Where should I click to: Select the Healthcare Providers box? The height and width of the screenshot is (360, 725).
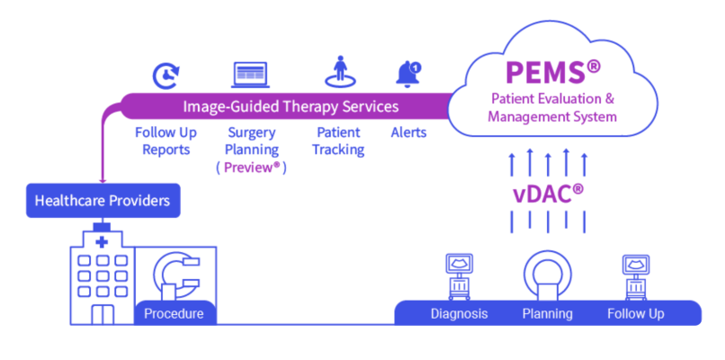point(102,201)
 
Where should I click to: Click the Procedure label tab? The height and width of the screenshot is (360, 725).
point(175,313)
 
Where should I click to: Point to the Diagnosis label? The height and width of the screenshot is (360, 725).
point(459,313)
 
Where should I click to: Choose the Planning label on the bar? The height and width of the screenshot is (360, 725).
point(547,313)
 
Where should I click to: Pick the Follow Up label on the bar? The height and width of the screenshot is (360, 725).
point(636,313)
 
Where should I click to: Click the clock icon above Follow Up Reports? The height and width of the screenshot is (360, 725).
point(166,76)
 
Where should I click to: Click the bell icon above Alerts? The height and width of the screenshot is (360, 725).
point(408,74)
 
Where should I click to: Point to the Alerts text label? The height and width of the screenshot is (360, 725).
point(408,132)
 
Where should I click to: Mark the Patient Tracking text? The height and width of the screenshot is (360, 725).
point(338,140)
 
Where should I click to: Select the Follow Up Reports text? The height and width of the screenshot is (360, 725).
point(166,140)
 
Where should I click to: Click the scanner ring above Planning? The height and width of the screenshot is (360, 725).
point(547,274)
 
